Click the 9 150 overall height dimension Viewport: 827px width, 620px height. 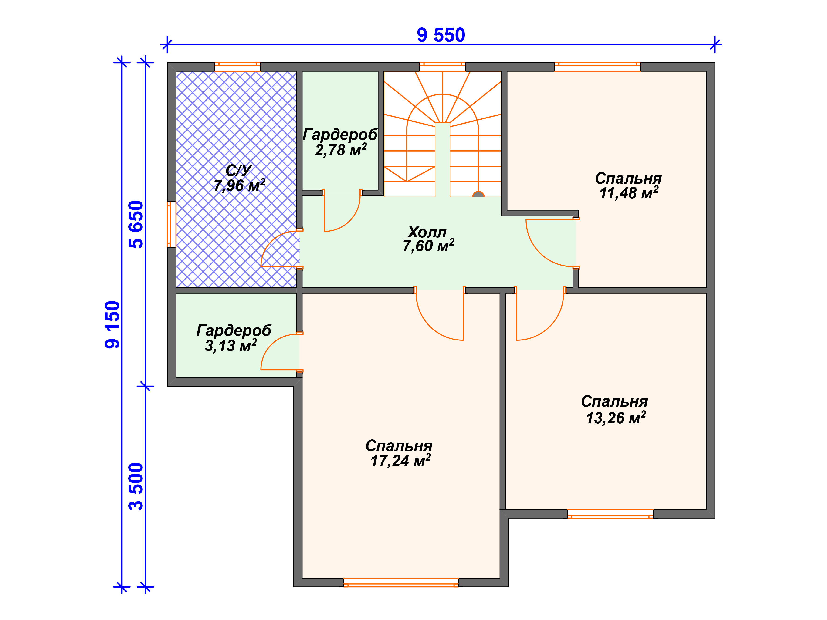coord(112,325)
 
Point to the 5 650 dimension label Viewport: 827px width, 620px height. coord(136,225)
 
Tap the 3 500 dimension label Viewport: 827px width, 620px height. coord(136,487)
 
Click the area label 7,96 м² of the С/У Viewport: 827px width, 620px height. coord(239,185)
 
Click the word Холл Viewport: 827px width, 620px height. coord(427,232)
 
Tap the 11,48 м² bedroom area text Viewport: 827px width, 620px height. coord(629,193)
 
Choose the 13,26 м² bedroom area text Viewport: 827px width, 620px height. coord(616,418)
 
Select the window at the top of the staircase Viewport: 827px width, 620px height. coord(442,67)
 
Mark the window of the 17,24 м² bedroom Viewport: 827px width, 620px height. coord(401,583)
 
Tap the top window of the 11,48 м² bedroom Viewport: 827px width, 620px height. coord(597,67)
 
